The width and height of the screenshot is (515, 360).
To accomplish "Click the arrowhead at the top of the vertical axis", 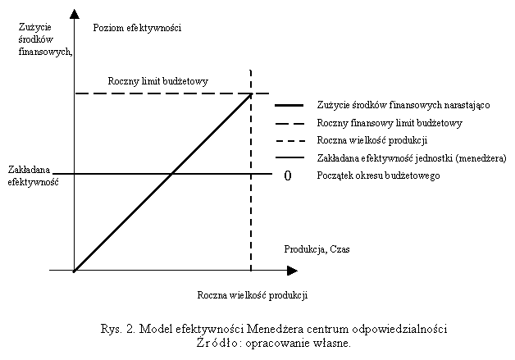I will coord(74,15).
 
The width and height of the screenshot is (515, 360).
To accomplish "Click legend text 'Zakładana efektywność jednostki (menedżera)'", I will coord(411,157).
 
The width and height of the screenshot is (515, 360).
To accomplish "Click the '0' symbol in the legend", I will coord(288,175).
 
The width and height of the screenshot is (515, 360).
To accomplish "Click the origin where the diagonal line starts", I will coord(75,270).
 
